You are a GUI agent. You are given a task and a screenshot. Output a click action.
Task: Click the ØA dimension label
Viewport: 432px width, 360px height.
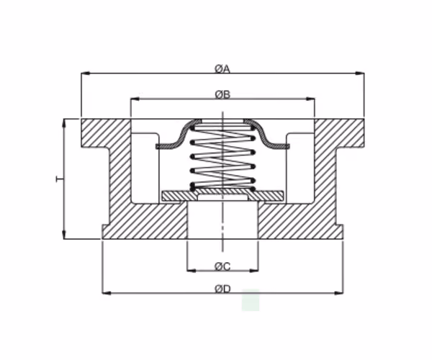[222, 69]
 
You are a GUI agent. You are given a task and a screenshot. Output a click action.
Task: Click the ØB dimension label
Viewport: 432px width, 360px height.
[222, 95]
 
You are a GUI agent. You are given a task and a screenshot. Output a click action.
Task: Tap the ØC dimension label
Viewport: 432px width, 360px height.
[222, 266]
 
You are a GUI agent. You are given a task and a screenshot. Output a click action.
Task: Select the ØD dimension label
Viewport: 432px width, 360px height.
[222, 289]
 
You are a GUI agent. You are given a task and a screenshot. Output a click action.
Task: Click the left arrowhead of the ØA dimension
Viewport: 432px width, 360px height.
[86, 73]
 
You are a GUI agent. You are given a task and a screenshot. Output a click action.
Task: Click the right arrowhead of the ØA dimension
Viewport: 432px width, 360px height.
[360, 73]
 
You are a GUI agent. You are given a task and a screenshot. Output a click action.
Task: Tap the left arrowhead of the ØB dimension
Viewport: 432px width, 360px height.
[135, 99]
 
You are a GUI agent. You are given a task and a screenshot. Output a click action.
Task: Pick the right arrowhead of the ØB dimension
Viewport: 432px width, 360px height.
[310, 99]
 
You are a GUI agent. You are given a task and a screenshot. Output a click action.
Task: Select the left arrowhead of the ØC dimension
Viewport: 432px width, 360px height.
[192, 271]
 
